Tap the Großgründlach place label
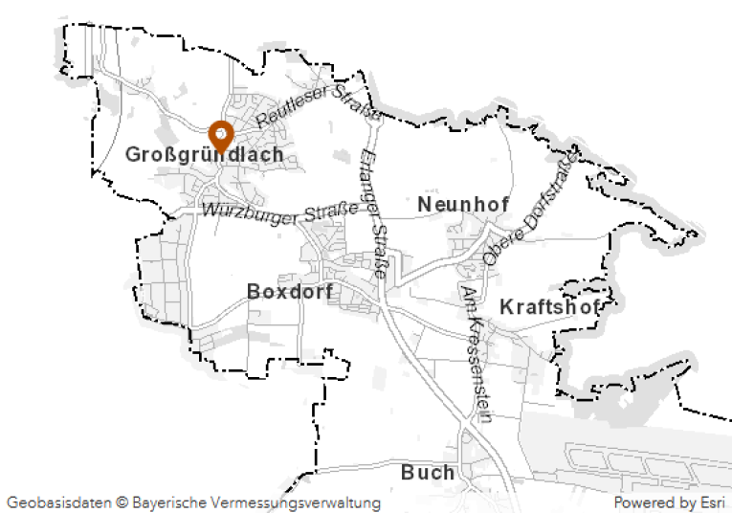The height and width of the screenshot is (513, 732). coord(204,155)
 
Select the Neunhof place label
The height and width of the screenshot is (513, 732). coord(463,204)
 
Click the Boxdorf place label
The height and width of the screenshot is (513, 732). coord(290,291)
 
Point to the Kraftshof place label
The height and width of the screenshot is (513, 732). coord(550,307)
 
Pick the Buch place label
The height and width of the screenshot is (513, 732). coord(428,473)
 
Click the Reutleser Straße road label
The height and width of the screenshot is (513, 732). coord(318,107)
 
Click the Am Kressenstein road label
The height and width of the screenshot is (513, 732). coord(476,352)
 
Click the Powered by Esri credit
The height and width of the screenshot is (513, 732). coord(669,502)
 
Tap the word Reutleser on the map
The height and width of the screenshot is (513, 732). coord(290,113)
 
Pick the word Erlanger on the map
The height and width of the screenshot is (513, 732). coord(369,180)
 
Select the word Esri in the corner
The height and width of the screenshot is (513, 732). coord(711,502)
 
